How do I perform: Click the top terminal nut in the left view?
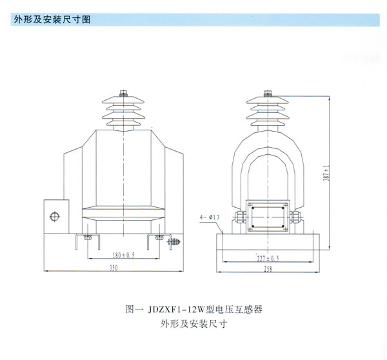tap(123, 94)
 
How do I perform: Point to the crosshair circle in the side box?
tap(55, 215)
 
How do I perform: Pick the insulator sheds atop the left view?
tap(123, 113)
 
